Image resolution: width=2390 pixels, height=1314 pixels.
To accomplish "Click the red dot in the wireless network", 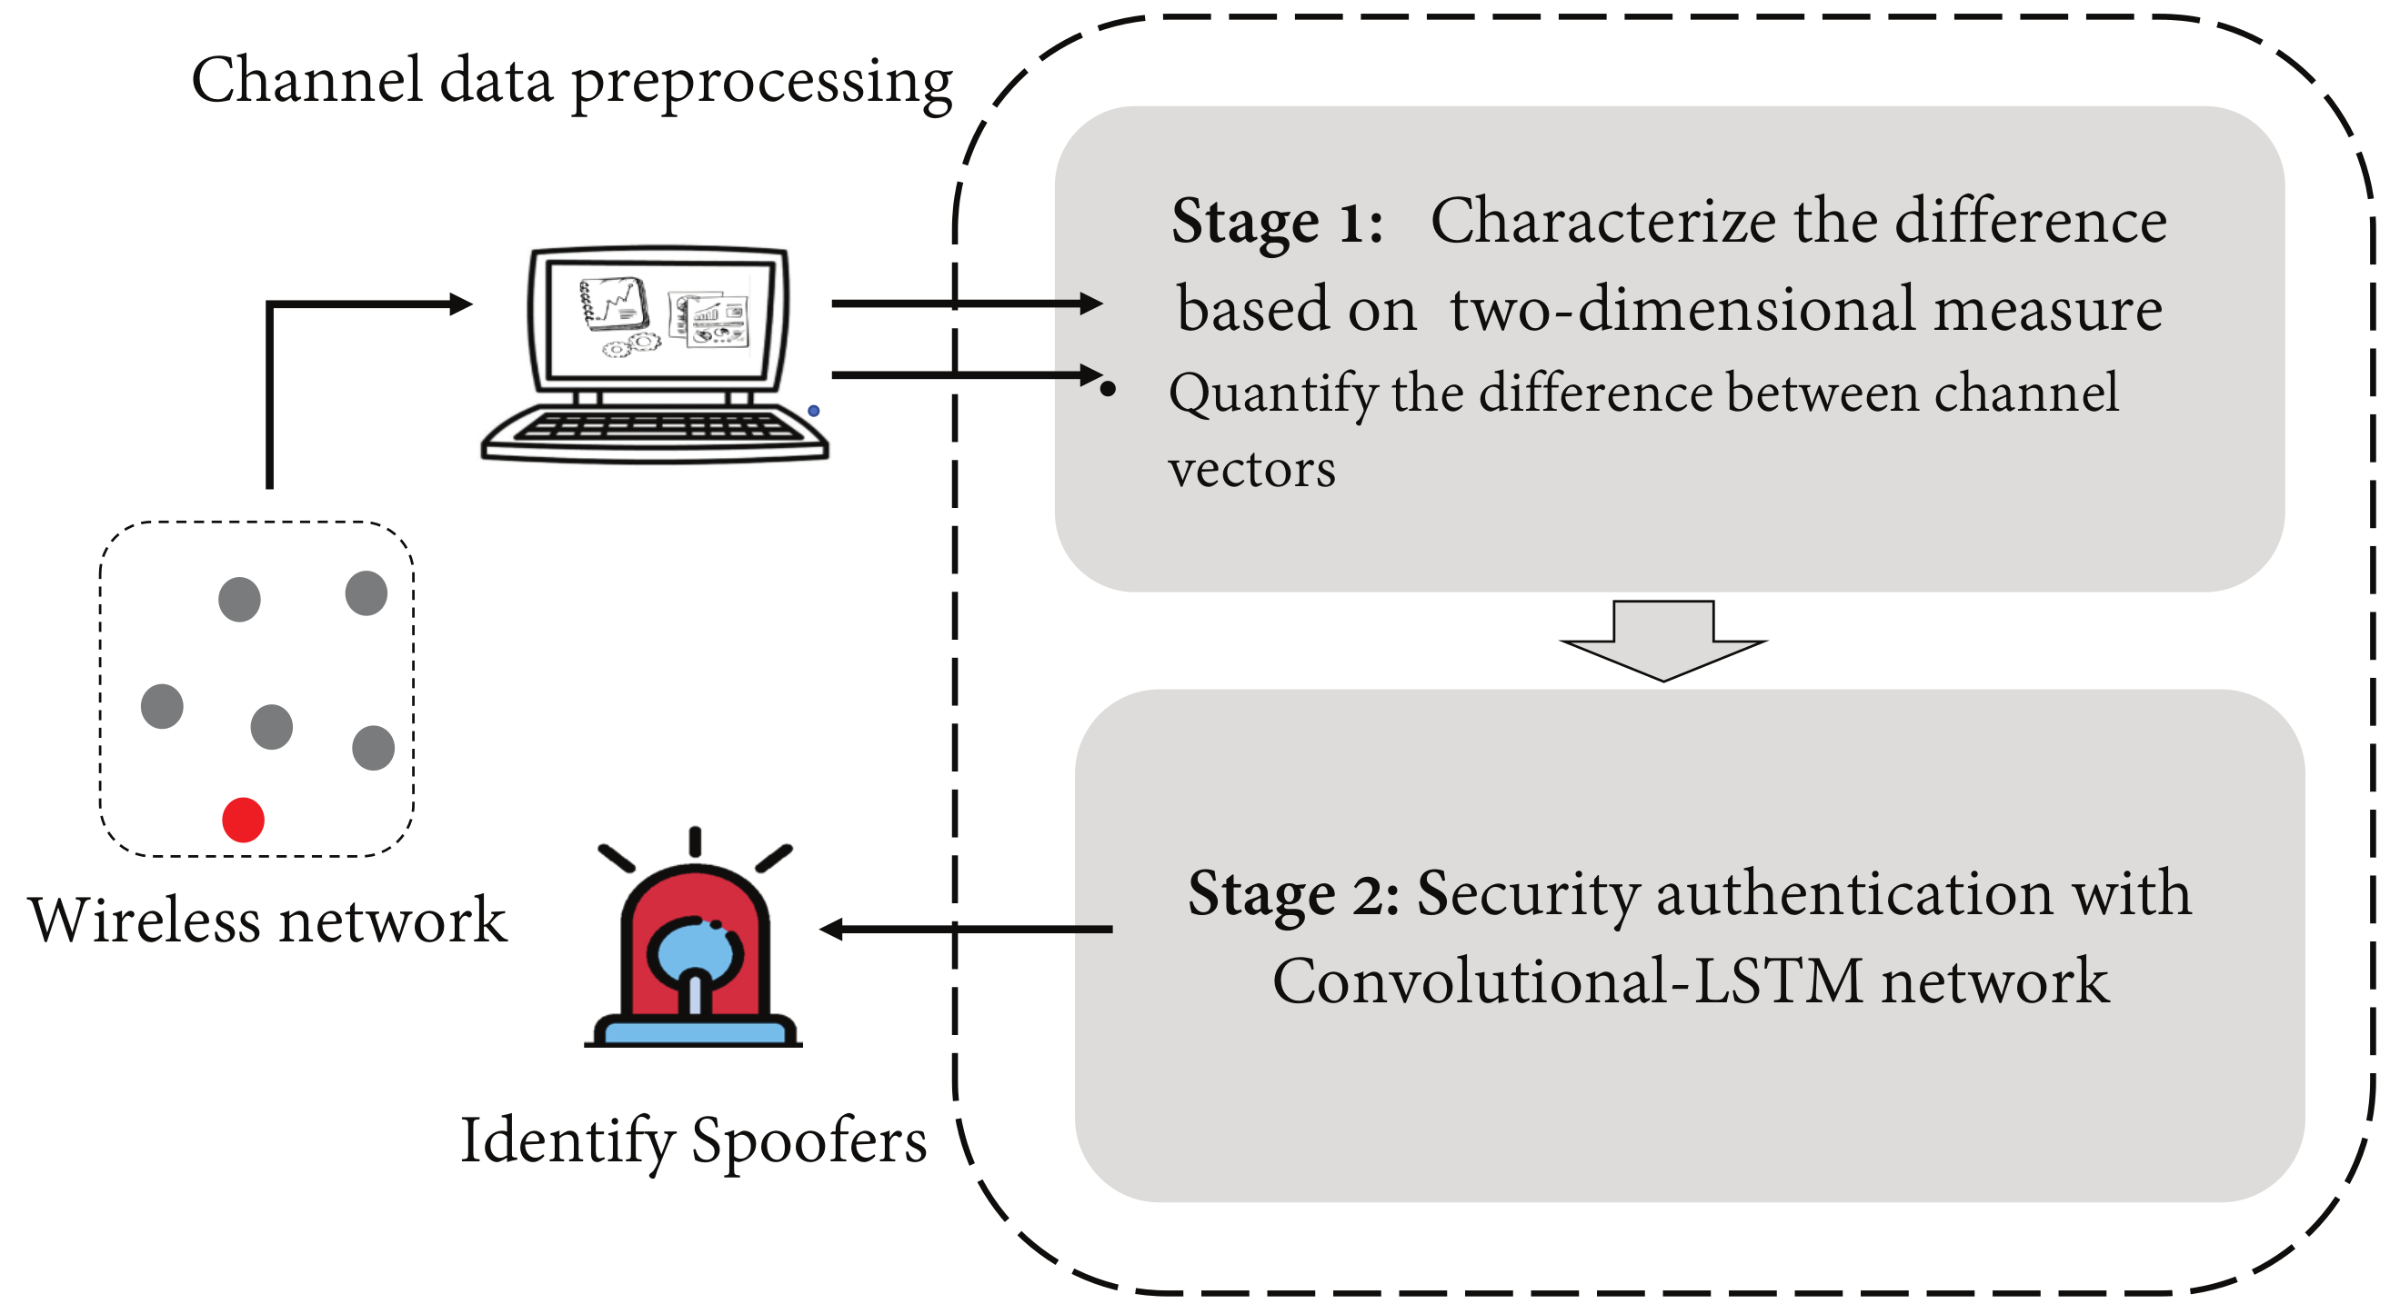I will (x=243, y=820).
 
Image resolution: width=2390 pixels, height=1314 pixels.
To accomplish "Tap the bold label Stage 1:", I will (x=1277, y=223).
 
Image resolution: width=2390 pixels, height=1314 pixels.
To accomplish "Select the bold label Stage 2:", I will (x=1293, y=894).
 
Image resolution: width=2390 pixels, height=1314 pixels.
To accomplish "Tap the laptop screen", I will (x=659, y=318).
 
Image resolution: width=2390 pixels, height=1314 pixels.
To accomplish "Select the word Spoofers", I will (x=809, y=1140).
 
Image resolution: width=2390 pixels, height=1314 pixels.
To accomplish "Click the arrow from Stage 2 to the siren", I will (x=965, y=928).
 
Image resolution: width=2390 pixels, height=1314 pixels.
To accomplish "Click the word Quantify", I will (x=1273, y=393).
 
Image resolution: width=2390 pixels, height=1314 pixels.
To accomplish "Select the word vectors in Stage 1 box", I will (x=1251, y=469).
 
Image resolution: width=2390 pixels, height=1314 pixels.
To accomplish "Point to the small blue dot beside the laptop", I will (x=814, y=411).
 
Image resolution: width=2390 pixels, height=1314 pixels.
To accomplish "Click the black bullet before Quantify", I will (x=1108, y=390).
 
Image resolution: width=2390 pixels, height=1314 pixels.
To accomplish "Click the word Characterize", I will (x=1602, y=223).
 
